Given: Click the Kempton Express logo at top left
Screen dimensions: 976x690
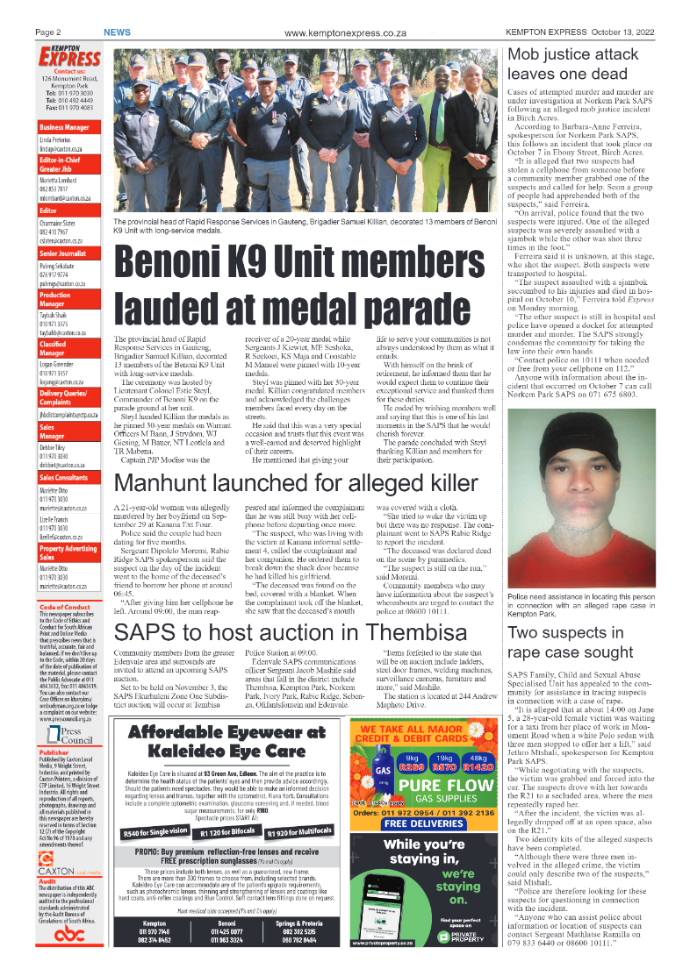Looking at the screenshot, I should point(68,57).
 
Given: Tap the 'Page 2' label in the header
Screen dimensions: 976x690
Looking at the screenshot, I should point(47,32).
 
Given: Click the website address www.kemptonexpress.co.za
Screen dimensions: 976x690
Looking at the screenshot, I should point(345,32).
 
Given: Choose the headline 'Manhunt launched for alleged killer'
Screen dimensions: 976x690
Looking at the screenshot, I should point(296,483).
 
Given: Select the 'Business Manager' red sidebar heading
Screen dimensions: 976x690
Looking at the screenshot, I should point(69,128).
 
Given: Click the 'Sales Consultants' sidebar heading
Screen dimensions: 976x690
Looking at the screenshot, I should point(69,477).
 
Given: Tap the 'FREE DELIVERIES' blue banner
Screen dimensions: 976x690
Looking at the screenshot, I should point(429,823).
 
